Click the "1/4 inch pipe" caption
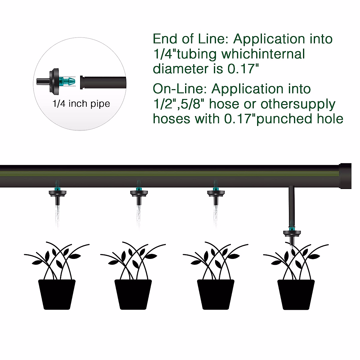[81, 104]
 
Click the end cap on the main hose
[345, 176]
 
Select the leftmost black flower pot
[57, 294]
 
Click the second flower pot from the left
[133, 294]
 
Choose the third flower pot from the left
[215, 294]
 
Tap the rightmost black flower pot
[296, 294]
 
